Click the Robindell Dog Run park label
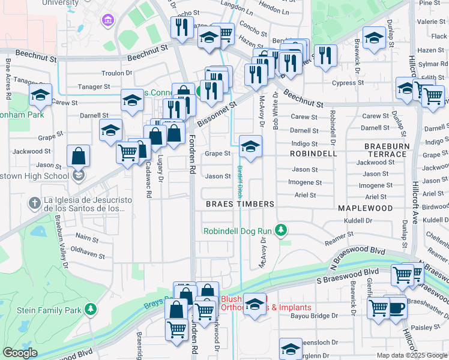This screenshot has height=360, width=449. (238, 230)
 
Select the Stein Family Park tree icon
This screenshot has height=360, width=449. (90, 309)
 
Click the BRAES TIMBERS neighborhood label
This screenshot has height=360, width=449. (240, 204)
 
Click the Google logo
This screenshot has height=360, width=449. (20, 353)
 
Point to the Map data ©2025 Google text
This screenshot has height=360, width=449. (412, 355)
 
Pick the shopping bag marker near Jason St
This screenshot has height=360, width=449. (78, 157)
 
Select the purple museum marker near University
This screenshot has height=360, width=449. (108, 21)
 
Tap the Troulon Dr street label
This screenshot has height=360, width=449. (116, 73)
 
